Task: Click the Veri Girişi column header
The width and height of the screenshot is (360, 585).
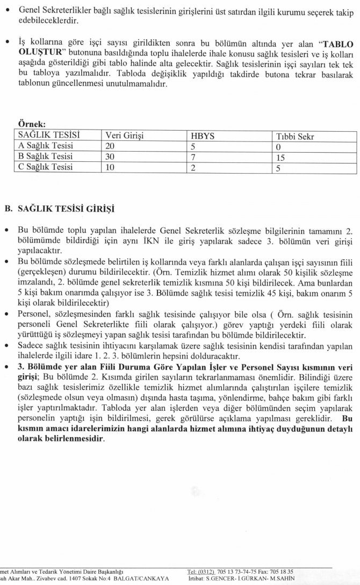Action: pos(125,135)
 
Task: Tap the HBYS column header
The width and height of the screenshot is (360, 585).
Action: pos(203,135)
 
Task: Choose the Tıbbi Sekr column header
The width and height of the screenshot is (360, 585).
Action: pos(295,135)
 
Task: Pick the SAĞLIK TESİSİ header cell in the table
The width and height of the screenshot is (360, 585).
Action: pos(49,135)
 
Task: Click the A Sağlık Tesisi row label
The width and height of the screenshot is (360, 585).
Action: pos(46,146)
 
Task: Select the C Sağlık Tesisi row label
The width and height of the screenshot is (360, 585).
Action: pos(46,167)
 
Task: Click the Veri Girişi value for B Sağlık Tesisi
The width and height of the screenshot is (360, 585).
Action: pos(111,156)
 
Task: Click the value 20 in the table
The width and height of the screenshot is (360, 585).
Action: pos(111,146)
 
